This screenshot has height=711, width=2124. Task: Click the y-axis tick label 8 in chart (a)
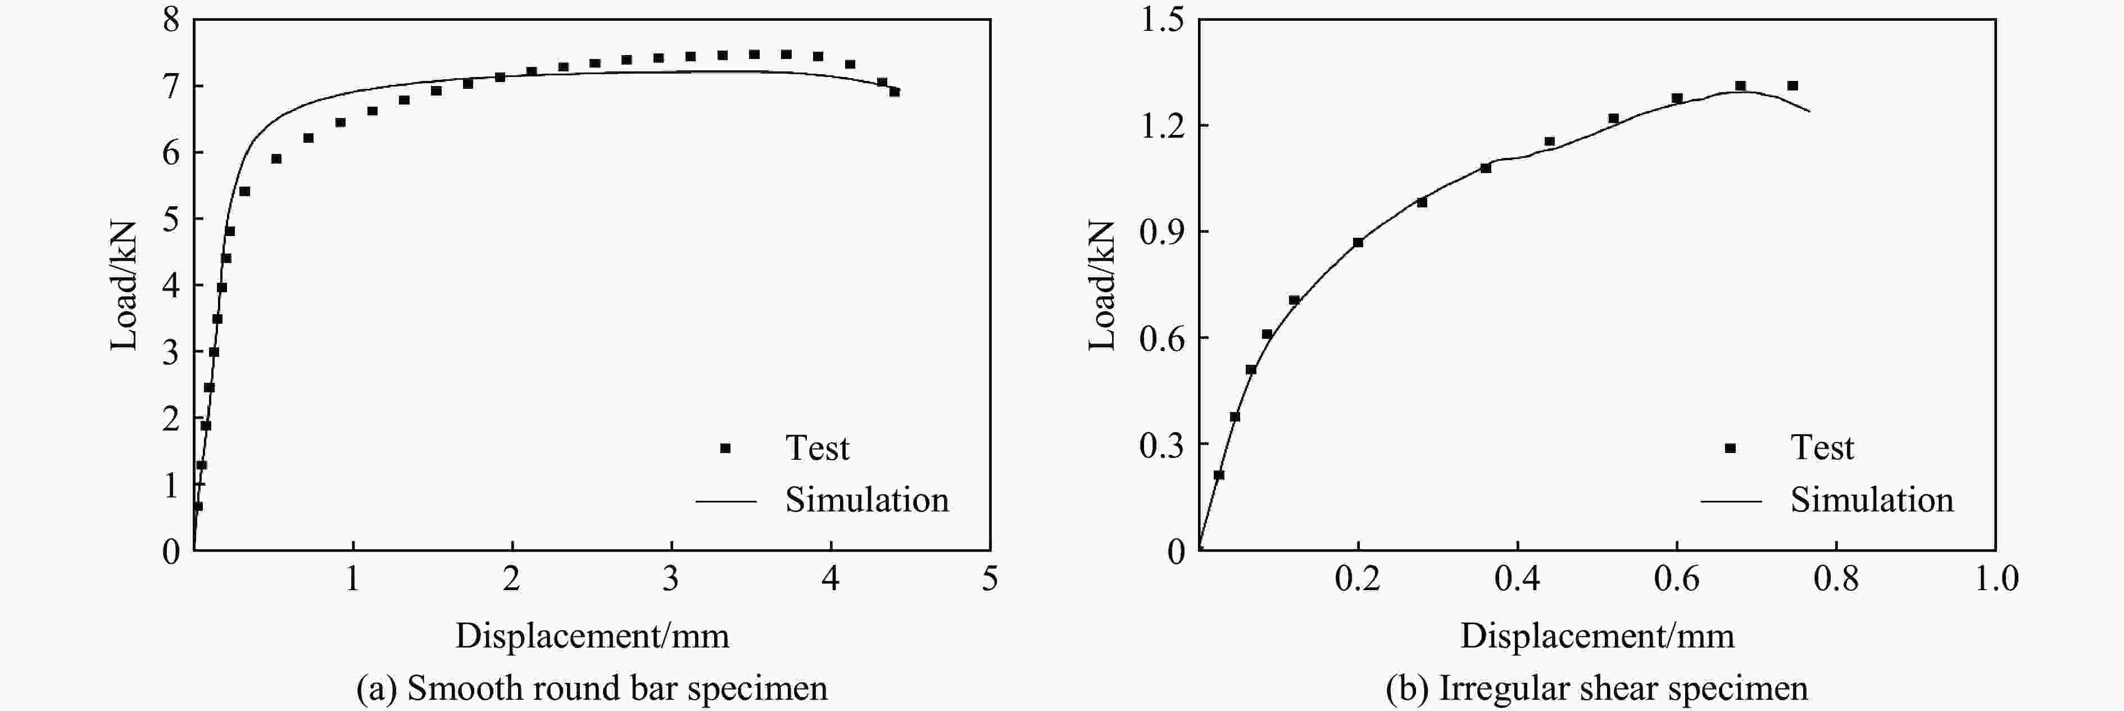pyautogui.click(x=171, y=19)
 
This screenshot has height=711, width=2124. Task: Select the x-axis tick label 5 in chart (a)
pyautogui.click(x=990, y=579)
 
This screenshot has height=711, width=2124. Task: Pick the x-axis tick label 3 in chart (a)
pyautogui.click(x=671, y=579)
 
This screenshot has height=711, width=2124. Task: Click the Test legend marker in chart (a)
pyautogui.click(x=725, y=448)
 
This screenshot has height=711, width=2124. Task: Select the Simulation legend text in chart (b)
pyautogui.click(x=1872, y=500)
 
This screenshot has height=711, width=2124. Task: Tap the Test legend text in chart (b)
pyautogui.click(x=1822, y=448)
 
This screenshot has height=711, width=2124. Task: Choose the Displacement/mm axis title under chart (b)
pyautogui.click(x=1597, y=636)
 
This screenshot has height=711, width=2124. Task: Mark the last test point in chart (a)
pyautogui.click(x=895, y=92)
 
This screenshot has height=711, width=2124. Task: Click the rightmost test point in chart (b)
pyautogui.click(x=1792, y=86)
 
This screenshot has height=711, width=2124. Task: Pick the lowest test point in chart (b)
pyautogui.click(x=1219, y=475)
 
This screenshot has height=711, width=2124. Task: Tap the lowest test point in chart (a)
pyautogui.click(x=198, y=506)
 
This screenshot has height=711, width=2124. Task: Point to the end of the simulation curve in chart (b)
pyautogui.click(x=1810, y=111)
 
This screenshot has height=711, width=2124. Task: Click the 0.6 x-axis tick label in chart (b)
pyautogui.click(x=1676, y=579)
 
